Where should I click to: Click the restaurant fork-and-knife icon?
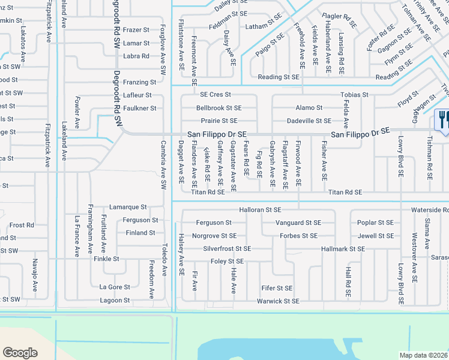443,119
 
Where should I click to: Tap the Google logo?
20,352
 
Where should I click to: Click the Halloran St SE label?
260,210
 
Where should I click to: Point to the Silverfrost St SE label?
227,248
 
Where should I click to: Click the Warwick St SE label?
278,301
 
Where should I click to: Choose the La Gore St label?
115,287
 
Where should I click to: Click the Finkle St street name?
107,259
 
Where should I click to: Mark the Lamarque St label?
128,206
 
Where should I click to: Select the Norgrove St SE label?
214,236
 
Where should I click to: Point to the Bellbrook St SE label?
218,108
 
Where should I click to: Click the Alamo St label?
309,108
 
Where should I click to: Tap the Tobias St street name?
354,95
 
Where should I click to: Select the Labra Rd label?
136,56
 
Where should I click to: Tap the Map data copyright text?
424,355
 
